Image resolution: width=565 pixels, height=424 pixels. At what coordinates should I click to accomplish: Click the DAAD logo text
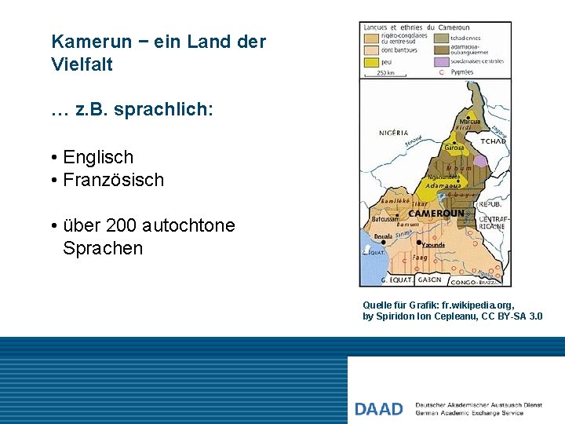[378, 408]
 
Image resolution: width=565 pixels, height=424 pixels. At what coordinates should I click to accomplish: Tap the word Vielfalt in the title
[82, 64]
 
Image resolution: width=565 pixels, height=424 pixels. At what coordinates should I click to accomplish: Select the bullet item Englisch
[98, 157]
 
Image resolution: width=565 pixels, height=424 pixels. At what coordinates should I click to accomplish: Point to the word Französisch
[113, 180]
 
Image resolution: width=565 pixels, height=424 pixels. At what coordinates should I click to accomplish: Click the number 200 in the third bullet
[122, 225]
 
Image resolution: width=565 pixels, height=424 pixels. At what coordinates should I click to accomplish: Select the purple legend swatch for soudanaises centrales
[443, 60]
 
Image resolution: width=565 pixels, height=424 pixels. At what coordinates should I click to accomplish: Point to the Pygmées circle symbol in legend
[441, 72]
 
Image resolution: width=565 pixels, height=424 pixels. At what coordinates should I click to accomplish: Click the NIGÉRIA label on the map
[393, 133]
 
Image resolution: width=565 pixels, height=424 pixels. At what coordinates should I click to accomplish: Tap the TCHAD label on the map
[493, 141]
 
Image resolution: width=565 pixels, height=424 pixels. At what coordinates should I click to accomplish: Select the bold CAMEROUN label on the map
[436, 213]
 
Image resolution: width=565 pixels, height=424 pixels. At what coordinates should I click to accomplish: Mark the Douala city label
[383, 236]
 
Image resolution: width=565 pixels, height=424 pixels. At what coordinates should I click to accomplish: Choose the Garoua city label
[454, 148]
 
